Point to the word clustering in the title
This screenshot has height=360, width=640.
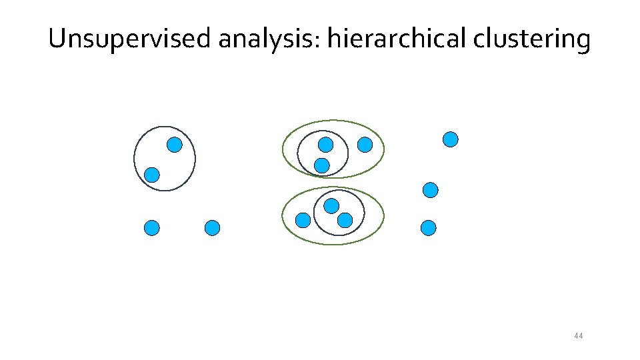[532, 40]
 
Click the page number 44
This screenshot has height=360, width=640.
[578, 336]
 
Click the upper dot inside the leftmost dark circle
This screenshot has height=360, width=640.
[175, 145]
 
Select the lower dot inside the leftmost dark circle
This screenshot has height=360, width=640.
[153, 175]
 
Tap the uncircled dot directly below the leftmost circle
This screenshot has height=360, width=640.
[153, 228]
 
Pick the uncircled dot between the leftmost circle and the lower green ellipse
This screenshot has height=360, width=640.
[212, 228]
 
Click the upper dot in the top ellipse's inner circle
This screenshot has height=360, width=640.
[325, 145]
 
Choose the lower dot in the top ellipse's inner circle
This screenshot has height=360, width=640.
[322, 165]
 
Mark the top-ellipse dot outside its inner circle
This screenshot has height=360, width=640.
[365, 144]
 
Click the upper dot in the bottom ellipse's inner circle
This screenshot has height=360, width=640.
[331, 206]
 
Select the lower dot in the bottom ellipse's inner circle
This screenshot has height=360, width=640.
[345, 220]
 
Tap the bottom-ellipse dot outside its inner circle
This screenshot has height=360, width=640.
[303, 220]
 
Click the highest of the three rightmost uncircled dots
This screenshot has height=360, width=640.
[451, 139]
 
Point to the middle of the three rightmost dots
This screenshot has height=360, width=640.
[431, 190]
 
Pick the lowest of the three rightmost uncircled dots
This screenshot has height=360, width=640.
[429, 228]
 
